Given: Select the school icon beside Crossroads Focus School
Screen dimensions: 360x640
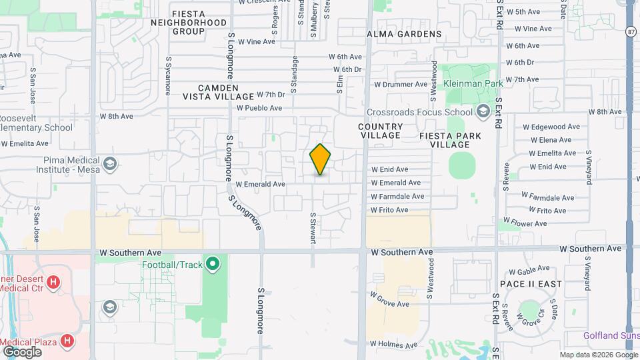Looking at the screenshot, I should tap(483, 111).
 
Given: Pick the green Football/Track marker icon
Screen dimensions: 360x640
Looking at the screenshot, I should tap(213, 265).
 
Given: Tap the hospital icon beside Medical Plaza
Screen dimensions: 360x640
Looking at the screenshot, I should tap(67, 341).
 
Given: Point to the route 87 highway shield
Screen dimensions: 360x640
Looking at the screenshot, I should tap(631, 31).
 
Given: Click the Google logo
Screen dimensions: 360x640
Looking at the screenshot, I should tap(22, 351).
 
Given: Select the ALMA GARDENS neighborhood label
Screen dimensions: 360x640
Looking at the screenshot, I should tap(404, 34).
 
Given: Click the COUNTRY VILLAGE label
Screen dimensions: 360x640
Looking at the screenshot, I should tap(380, 131).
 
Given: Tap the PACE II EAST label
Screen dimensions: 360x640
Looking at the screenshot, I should tap(531, 284).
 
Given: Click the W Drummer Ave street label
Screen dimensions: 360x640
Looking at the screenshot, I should tap(400, 85).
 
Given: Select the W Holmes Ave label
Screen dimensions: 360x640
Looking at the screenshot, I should tap(393, 345).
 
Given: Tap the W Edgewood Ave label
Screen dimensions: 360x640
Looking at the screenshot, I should tap(551, 127).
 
